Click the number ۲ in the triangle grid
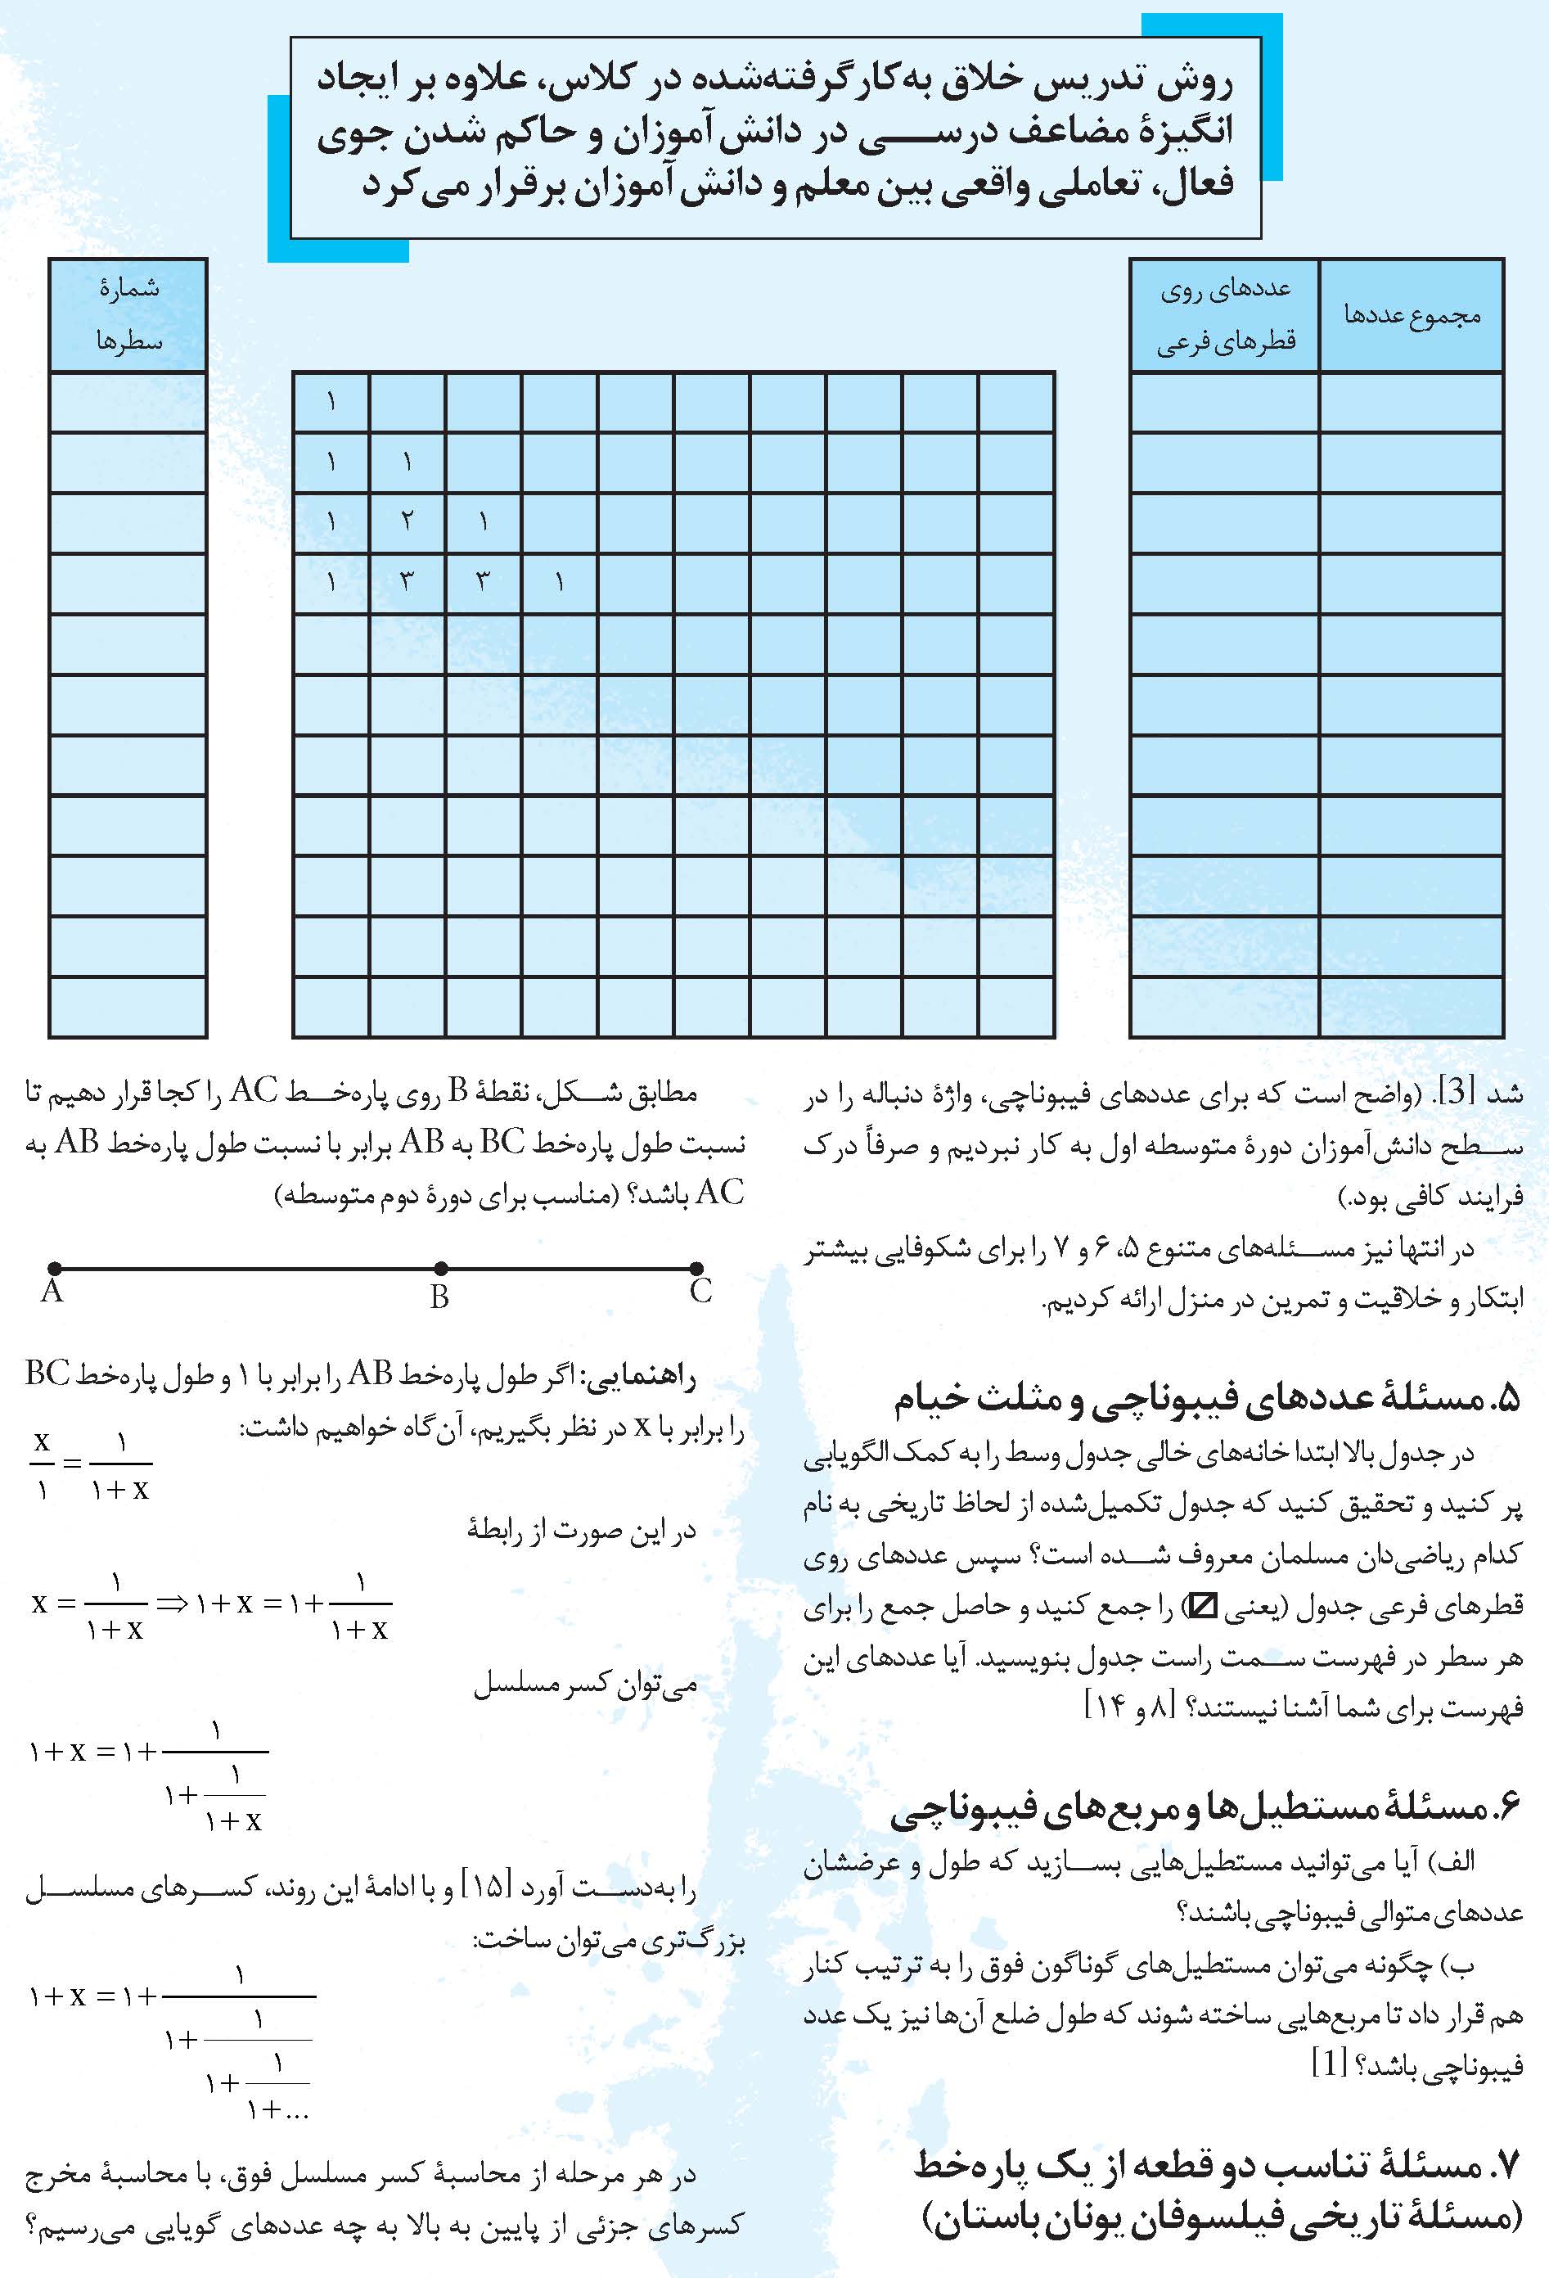(408, 521)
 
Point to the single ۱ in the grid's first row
(331, 401)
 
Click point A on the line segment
(54, 1269)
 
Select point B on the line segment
(441, 1269)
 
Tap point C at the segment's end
(696, 1269)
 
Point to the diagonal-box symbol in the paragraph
(1200, 1608)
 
